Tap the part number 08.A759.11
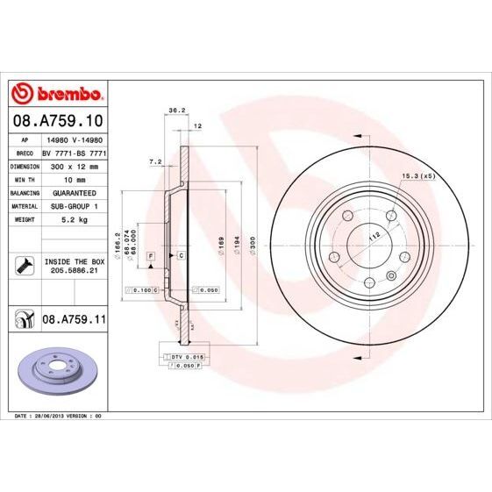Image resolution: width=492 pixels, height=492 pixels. point(74,322)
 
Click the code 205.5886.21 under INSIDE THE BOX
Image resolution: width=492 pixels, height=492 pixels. point(75,272)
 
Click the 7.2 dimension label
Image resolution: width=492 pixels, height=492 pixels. point(156,161)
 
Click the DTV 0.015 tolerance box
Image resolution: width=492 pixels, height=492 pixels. point(185,358)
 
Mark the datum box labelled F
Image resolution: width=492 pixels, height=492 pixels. point(151,254)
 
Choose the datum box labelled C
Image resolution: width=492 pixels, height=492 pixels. point(181,254)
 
